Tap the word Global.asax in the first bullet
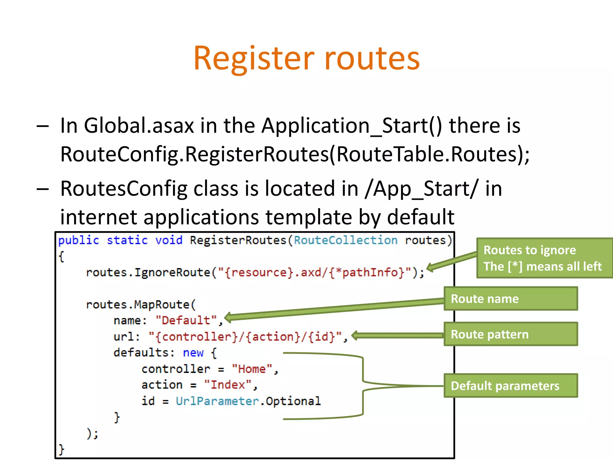pos(139,125)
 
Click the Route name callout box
pos(511,299)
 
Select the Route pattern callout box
pos(511,334)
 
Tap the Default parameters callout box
pos(511,386)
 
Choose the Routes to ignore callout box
pos(544,258)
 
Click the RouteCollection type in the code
pos(346,240)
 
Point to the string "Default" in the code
pos(186,320)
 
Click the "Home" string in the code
pos(252,369)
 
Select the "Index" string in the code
pos(227,385)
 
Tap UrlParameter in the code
pos(217,401)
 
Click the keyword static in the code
pos(127,240)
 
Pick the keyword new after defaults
pos(193,353)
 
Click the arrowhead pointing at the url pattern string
pos(355,335)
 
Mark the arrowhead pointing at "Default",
pos(228,318)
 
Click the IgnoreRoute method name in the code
pos(172,273)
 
